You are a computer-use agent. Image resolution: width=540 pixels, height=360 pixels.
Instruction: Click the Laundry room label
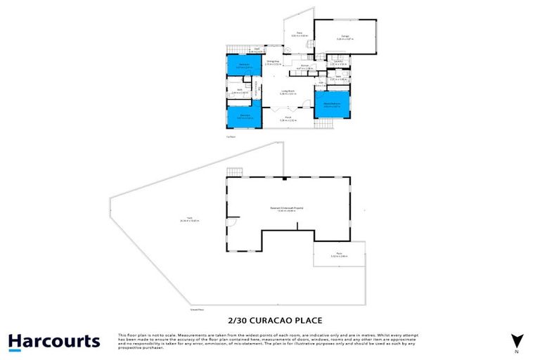click(337, 63)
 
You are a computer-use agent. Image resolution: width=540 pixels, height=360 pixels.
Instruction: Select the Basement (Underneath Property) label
click(288, 208)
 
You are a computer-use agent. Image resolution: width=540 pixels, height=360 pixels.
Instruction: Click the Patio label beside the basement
click(339, 254)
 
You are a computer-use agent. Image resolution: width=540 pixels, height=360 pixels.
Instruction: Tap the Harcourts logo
click(54, 342)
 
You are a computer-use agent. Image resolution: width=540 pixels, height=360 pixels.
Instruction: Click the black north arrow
click(517, 340)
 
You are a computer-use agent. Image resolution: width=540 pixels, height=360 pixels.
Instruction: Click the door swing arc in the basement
click(231, 226)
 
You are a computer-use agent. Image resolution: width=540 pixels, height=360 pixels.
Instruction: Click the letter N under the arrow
click(517, 352)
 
